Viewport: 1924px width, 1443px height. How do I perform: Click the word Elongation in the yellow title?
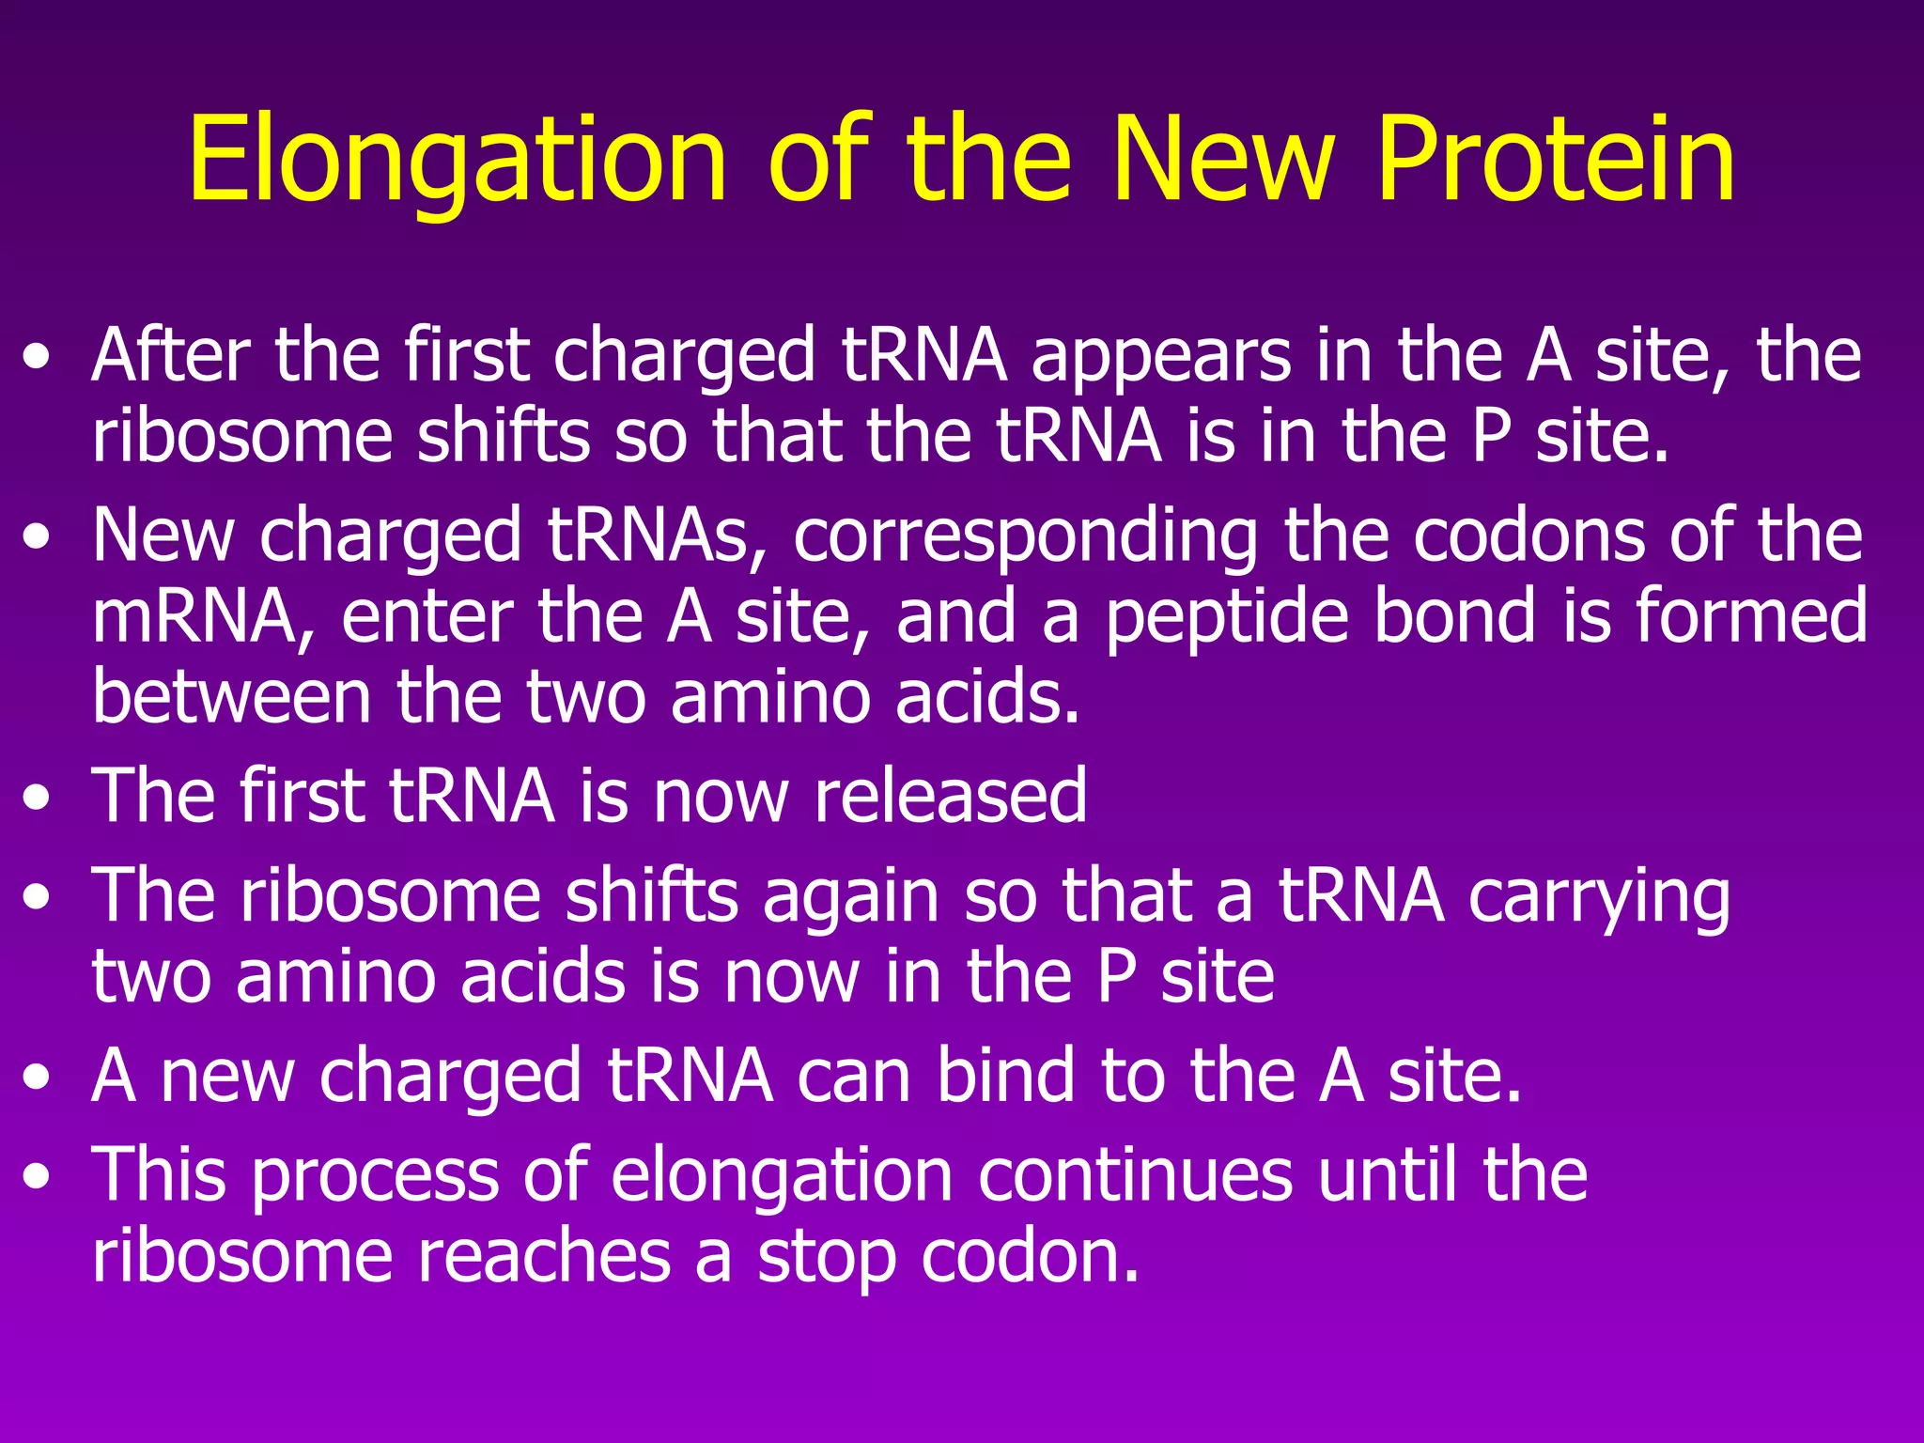click(458, 160)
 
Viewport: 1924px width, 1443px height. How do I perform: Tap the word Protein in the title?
click(1556, 160)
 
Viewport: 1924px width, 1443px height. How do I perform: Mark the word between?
click(232, 697)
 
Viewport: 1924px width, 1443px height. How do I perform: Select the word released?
click(951, 796)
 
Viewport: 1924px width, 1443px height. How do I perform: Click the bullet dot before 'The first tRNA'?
click(37, 799)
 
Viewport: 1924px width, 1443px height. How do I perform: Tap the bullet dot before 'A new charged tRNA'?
click(37, 1079)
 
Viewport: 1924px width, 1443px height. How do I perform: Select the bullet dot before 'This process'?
click(37, 1178)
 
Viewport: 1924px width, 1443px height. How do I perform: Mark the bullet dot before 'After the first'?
click(37, 360)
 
